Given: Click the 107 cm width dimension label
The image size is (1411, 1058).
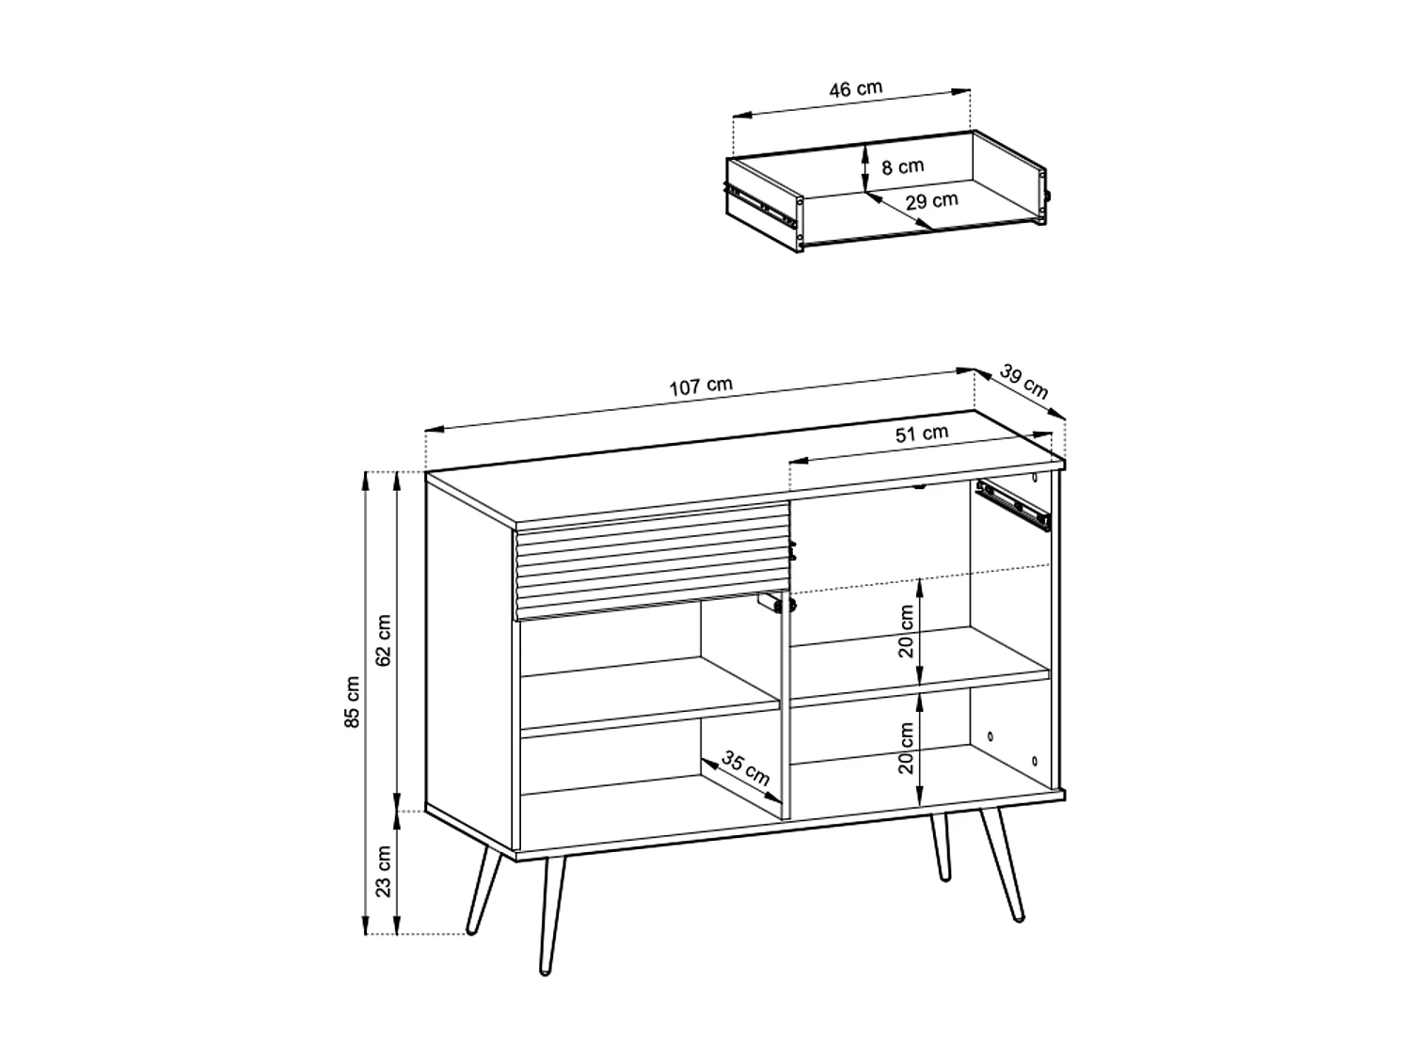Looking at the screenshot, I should pyautogui.click(x=700, y=386).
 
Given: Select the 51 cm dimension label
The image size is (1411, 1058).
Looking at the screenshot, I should pyautogui.click(x=921, y=434).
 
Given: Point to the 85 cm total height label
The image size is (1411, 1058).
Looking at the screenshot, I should pyautogui.click(x=353, y=702).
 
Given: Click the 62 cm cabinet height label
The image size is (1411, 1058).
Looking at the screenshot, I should pyautogui.click(x=384, y=640).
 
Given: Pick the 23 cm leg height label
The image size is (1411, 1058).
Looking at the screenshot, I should pyautogui.click(x=384, y=871).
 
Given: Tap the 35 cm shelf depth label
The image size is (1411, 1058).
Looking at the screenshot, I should pyautogui.click(x=746, y=768).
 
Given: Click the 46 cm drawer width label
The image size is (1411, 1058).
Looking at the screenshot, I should pyautogui.click(x=855, y=89).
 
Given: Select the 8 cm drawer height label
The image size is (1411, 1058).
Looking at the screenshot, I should pyautogui.click(x=903, y=166).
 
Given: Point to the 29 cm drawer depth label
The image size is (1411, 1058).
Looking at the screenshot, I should pyautogui.click(x=932, y=200).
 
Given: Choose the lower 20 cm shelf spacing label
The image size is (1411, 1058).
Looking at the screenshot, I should pyautogui.click(x=906, y=748).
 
